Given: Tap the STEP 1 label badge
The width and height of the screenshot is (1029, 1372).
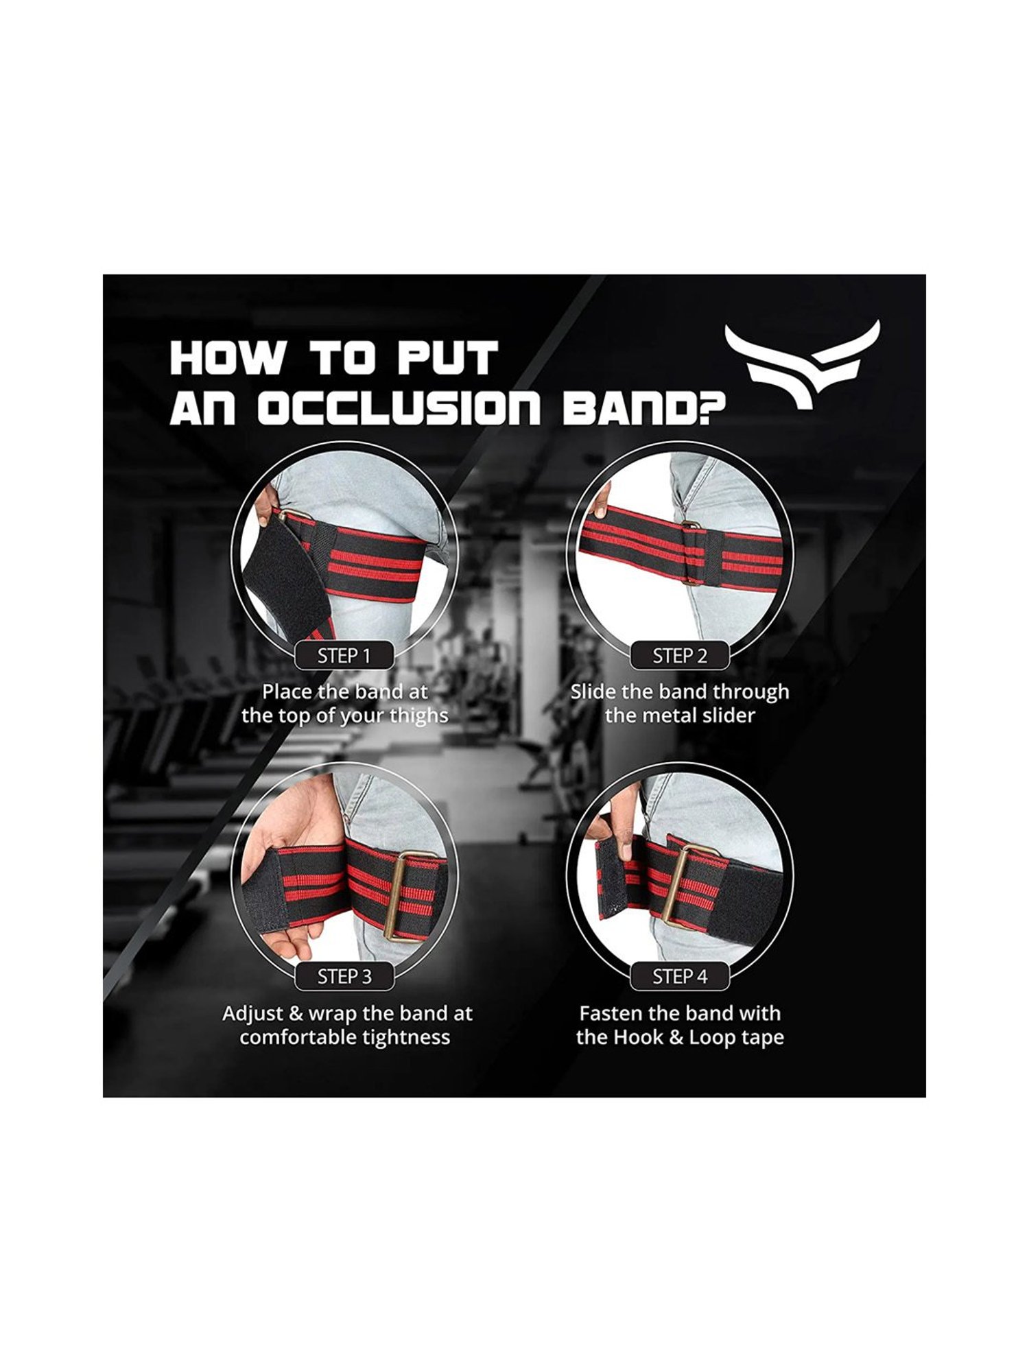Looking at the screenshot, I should pos(344,656).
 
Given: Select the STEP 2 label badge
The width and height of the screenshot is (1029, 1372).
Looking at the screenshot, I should pos(679,656).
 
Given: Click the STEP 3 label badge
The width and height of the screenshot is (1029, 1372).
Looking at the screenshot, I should pos(344,976).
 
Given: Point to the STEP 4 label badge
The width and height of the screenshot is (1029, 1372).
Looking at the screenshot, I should pos(679,976).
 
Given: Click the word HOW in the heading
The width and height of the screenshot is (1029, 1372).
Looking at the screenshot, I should pos(226,358).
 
